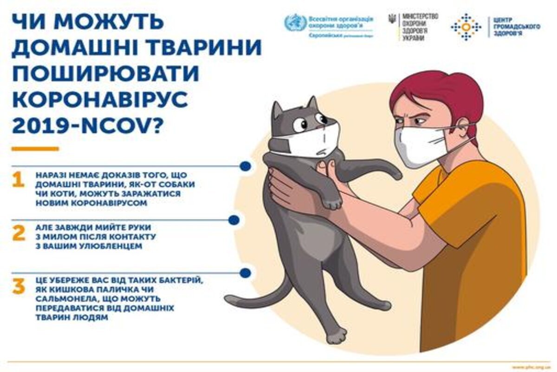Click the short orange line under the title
pyautogui.click(x=35, y=149)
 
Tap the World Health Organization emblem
pyautogui.click(x=295, y=23)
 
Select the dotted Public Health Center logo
pyautogui.click(x=466, y=27)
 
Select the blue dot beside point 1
pyautogui.click(x=246, y=166)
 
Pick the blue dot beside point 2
pyautogui.click(x=233, y=219)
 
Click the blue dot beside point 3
pyautogui.click(x=246, y=272)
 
